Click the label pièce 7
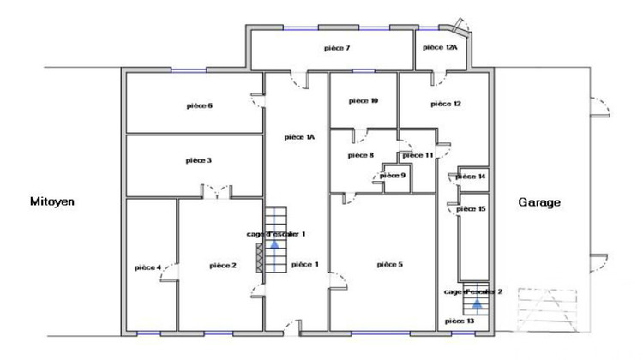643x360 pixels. point(336,48)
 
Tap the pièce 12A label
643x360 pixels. point(441,48)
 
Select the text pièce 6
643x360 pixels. point(199,105)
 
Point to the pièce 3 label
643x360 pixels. point(199,160)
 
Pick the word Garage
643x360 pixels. point(539,203)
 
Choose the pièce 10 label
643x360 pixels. point(364,101)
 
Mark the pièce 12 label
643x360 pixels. point(446,104)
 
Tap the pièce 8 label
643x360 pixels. point(361,155)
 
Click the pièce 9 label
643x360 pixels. point(392,175)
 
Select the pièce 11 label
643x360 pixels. point(417,155)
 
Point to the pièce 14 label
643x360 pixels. point(471,177)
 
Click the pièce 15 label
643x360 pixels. point(471,208)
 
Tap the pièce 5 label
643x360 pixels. point(390,265)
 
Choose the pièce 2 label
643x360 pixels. point(223,266)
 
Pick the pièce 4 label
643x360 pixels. point(148,267)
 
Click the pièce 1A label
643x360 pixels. point(300,136)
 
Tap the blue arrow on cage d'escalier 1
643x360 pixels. point(275,243)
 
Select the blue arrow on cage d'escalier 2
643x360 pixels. point(476,302)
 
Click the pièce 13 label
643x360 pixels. point(460,321)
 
